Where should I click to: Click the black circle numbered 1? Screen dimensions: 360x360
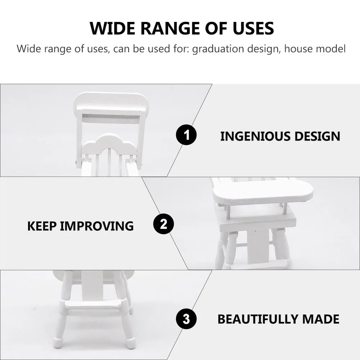pyautogui.click(x=186, y=136)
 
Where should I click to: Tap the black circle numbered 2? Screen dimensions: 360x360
pyautogui.click(x=164, y=225)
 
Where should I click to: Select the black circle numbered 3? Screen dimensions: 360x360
pyautogui.click(x=186, y=319)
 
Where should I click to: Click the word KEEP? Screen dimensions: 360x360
pyautogui.click(x=42, y=226)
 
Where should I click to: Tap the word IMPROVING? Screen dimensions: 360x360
pyautogui.click(x=96, y=226)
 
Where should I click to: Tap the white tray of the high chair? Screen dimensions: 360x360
pyautogui.click(x=263, y=190)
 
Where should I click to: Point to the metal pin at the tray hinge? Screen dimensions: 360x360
pyautogui.click(x=77, y=164)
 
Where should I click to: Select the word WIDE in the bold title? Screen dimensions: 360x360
pyautogui.click(x=111, y=28)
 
